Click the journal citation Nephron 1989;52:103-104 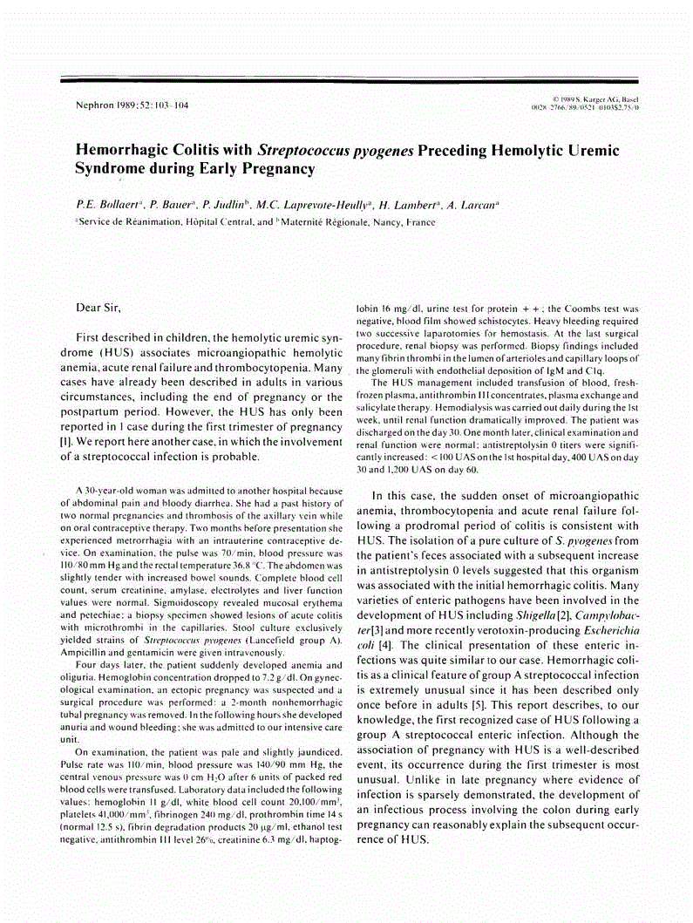pyautogui.click(x=132, y=106)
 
